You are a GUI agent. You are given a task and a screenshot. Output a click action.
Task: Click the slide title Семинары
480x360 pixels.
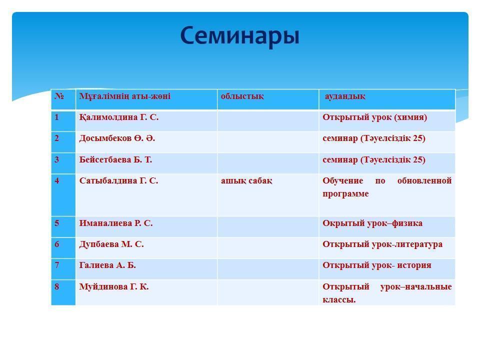(239, 36)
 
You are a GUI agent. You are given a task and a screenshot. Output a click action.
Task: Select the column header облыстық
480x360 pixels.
(242, 96)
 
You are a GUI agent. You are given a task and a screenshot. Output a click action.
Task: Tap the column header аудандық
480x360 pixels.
(345, 96)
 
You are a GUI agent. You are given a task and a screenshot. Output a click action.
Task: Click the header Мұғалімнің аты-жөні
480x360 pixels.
(124, 96)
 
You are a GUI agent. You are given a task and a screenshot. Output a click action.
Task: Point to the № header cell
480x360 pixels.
(59, 96)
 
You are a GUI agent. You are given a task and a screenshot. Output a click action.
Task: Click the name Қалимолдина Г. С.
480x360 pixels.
(118, 117)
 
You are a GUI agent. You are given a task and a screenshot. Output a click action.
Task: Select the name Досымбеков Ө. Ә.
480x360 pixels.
(117, 138)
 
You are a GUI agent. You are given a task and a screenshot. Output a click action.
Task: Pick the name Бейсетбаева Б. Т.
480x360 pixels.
(115, 160)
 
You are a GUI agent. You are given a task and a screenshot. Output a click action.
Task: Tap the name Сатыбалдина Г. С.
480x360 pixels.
(118, 181)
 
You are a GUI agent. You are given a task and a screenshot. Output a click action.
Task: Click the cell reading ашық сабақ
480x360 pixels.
(246, 181)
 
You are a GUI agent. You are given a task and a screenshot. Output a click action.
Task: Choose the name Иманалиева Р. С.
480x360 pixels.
(116, 223)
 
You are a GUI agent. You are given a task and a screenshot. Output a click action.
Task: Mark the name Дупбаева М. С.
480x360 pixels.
(111, 244)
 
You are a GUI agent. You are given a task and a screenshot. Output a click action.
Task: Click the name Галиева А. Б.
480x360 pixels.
(107, 265)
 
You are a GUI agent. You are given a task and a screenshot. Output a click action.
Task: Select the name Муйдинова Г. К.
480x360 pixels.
(114, 287)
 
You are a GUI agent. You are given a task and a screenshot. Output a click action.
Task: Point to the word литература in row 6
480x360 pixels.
(418, 244)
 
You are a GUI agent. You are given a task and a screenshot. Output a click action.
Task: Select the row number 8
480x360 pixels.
(57, 287)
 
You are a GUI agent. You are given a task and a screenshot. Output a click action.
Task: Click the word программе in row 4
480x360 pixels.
(345, 194)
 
